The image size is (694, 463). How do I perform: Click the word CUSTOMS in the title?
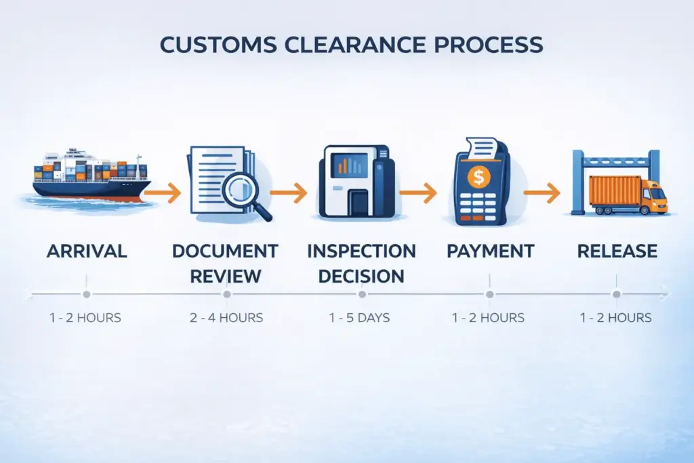click(216, 45)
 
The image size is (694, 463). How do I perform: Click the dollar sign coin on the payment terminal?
click(479, 178)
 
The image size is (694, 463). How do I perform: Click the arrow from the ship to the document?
click(166, 194)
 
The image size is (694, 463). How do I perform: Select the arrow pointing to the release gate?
click(542, 194)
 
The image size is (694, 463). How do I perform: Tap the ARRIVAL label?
click(87, 251)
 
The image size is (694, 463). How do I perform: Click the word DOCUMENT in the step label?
click(225, 251)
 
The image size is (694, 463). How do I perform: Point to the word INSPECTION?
click(361, 251)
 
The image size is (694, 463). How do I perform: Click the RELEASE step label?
click(617, 251)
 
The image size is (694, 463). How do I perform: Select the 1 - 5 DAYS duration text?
click(361, 317)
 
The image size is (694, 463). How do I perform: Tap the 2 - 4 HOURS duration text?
click(226, 317)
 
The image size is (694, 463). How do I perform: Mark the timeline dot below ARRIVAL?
click(86, 294)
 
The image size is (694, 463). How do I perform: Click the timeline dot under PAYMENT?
click(489, 294)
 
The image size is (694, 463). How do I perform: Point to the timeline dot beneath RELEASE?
click(617, 294)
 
